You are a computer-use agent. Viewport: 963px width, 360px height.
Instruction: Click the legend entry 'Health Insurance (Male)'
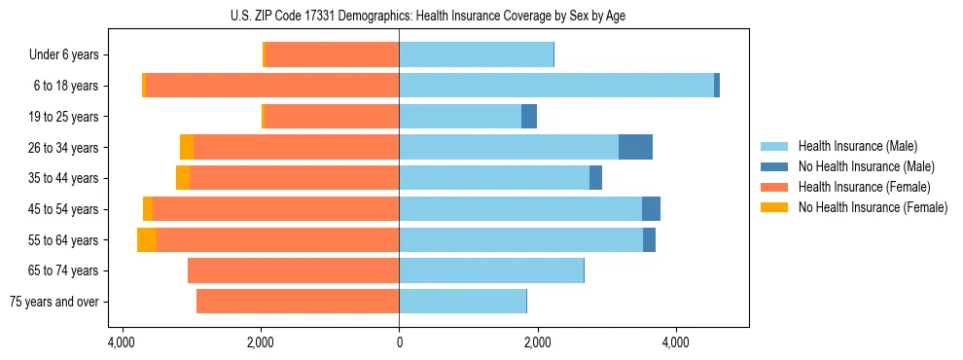[857, 146]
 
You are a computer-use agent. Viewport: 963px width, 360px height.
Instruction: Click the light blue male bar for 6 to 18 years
[556, 86]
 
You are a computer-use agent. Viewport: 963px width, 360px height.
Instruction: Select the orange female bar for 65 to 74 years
[293, 270]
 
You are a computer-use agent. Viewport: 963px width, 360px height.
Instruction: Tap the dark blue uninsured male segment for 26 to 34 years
[635, 147]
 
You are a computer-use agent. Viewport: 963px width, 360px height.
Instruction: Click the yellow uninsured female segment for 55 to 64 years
[147, 239]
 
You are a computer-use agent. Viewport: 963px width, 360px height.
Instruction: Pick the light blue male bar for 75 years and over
[463, 302]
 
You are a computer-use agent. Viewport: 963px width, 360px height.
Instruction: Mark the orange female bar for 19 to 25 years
[332, 117]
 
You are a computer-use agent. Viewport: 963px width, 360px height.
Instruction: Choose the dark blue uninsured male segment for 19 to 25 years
[529, 117]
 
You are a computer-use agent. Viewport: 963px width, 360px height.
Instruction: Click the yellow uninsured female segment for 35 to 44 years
[183, 178]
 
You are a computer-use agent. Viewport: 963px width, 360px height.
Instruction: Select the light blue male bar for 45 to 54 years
[520, 209]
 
